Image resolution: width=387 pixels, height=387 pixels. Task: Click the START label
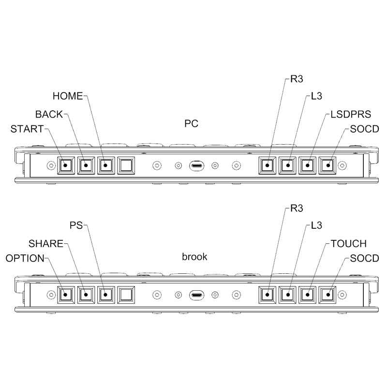27,129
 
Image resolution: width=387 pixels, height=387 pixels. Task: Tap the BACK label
49,115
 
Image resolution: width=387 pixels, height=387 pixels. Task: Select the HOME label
68,96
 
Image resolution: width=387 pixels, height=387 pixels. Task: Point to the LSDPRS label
351,115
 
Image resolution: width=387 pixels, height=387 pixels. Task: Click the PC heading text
191,124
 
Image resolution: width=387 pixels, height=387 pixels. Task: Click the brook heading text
194,257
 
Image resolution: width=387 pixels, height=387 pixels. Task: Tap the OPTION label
25,258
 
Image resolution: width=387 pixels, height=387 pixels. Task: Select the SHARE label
46,243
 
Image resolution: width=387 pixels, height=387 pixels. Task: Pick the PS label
76,225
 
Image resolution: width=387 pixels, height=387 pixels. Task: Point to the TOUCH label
348,243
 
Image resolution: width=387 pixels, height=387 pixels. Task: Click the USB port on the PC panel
196,165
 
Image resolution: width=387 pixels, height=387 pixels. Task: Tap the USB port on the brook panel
196,294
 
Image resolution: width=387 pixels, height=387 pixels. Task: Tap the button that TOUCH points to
307,294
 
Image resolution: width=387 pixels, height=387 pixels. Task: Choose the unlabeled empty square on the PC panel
126,165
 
